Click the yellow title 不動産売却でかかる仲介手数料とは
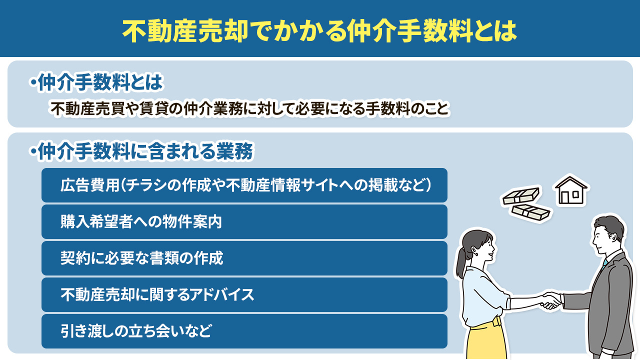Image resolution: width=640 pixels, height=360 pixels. [319, 30]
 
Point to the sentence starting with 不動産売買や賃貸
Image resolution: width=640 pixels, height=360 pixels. [249, 108]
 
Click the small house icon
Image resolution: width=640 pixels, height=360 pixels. [571, 190]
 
